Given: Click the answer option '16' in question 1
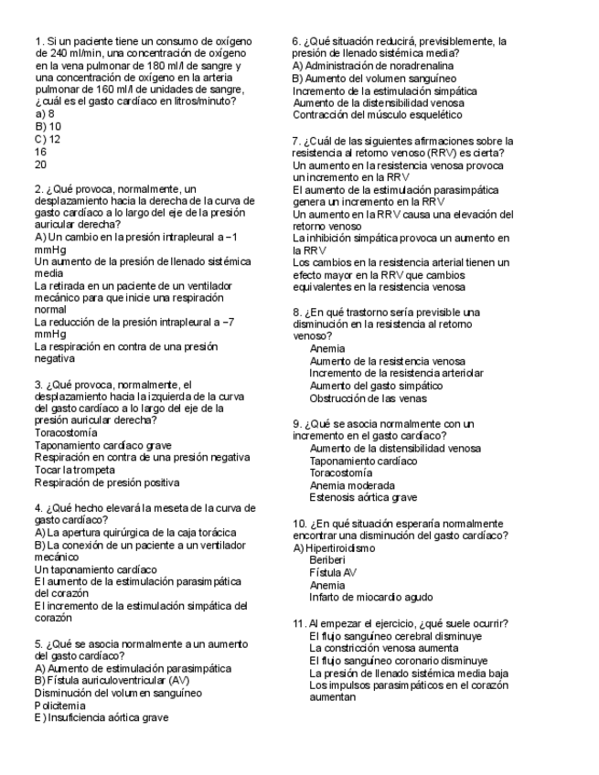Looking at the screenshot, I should pos(41,152).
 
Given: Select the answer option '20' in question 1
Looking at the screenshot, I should pos(41,165).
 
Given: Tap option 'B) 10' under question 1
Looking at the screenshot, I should pos(48,126).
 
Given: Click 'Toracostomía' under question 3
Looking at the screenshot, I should pos(66,432).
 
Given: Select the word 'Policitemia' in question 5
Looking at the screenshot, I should pos(59,706).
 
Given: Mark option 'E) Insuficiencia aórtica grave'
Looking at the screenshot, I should pos(101,718).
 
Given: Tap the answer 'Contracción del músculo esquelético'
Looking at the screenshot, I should pos(378,115).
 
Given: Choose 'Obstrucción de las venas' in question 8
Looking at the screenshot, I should pos(368,398).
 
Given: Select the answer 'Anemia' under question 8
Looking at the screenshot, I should pos(327,349).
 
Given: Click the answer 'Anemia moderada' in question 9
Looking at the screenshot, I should pos(353,485).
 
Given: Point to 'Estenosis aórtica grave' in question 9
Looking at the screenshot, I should pos(363,498).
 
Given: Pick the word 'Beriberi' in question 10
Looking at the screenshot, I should pos(328,560).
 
